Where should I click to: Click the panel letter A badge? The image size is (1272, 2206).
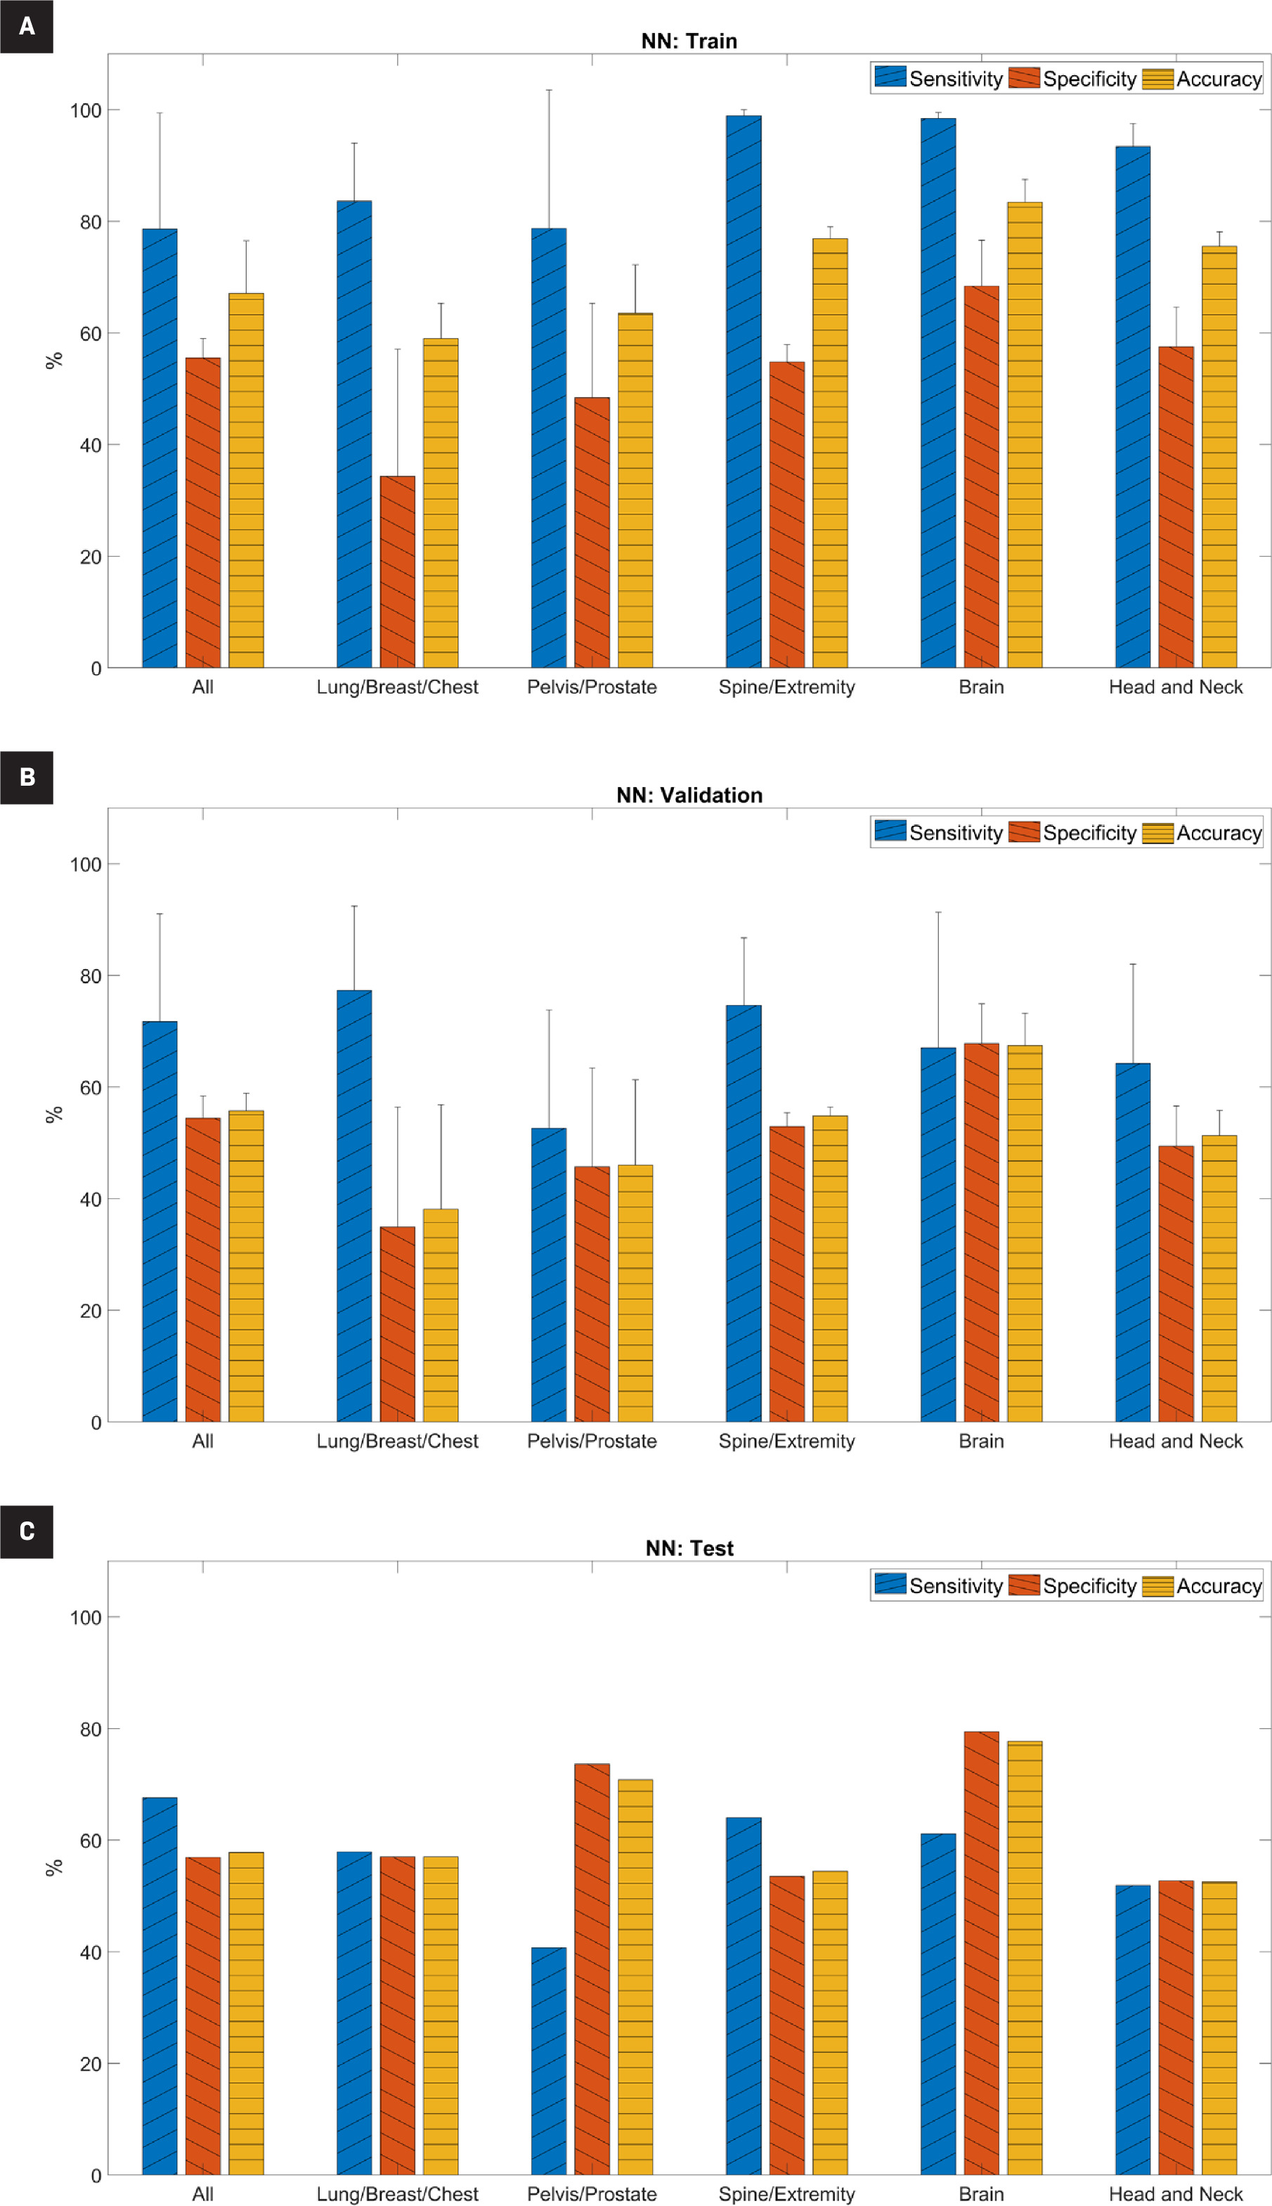click(x=26, y=26)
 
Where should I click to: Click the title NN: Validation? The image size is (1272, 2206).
click(x=689, y=795)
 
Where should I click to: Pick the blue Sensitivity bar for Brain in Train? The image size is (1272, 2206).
click(x=937, y=393)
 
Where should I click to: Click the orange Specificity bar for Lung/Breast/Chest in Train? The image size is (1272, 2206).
click(x=398, y=572)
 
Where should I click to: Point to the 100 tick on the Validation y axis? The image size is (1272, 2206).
click(x=86, y=864)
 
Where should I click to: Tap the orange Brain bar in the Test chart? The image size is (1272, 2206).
click(x=981, y=1952)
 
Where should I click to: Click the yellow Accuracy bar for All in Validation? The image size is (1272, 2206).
click(x=247, y=1267)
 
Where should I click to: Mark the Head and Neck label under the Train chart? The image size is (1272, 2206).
click(x=1175, y=687)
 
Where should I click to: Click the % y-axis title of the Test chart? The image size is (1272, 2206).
click(x=53, y=1867)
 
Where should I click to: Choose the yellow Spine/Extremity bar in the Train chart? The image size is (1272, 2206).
click(x=830, y=454)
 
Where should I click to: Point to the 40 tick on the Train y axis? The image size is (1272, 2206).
click(x=91, y=445)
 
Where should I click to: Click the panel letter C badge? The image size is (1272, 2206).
click(x=26, y=1531)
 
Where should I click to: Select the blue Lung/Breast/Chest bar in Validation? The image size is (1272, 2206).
click(x=353, y=1206)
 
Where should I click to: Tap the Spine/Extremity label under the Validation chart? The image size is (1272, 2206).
click(x=786, y=1441)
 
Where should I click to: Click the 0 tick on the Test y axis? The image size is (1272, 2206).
click(x=96, y=2175)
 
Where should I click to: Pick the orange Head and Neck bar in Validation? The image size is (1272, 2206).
click(x=1176, y=1284)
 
